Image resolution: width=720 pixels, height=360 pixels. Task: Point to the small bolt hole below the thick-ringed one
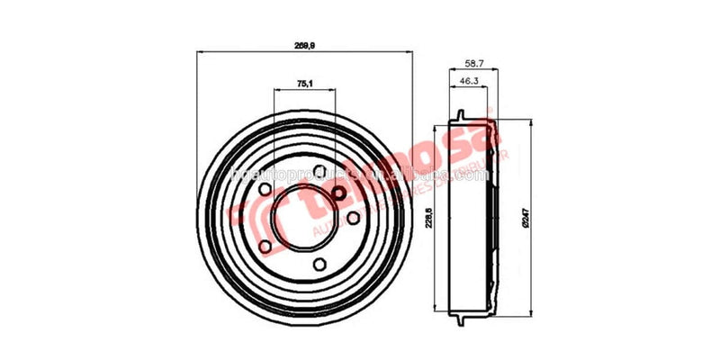[x=353, y=218]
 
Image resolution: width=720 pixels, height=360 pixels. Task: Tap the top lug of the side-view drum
[x=460, y=116]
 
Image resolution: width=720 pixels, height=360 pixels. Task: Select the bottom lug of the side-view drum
[x=460, y=321]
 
